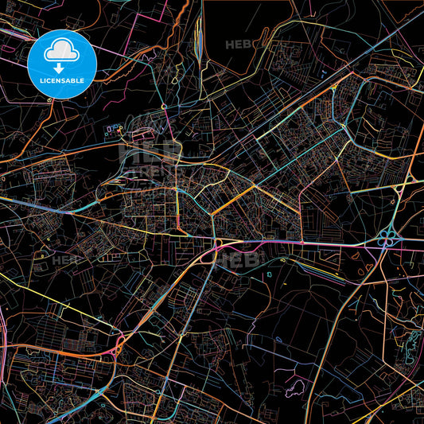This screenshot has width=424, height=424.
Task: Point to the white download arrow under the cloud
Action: pyautogui.click(x=59, y=68)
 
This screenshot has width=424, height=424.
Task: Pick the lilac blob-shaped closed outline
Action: pyautogui.click(x=295, y=390)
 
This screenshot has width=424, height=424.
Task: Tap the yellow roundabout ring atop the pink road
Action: pyautogui.click(x=218, y=242)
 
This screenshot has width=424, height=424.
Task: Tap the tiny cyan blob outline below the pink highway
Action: pyautogui.click(x=270, y=274)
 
